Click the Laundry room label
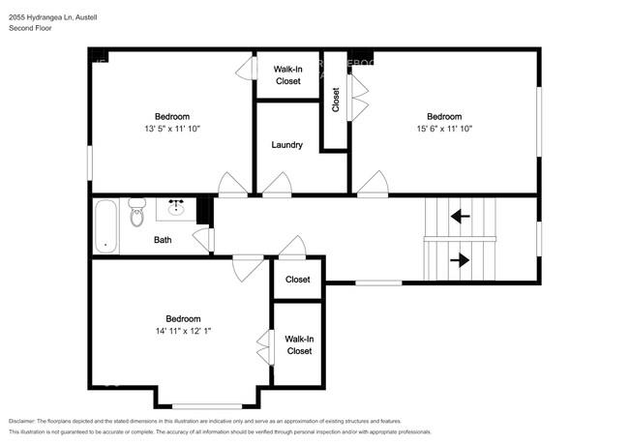(286, 145)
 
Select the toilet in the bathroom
(136, 211)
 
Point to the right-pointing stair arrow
(460, 259)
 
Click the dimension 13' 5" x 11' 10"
(171, 128)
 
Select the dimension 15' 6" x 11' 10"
(444, 128)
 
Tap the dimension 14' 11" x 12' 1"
(182, 331)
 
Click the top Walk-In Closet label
(287, 75)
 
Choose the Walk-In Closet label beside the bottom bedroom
(299, 344)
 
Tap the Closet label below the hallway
(298, 280)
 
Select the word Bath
(163, 239)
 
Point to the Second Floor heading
(30, 29)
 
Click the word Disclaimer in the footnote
(26, 422)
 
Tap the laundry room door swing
(277, 184)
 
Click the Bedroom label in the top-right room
(444, 116)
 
